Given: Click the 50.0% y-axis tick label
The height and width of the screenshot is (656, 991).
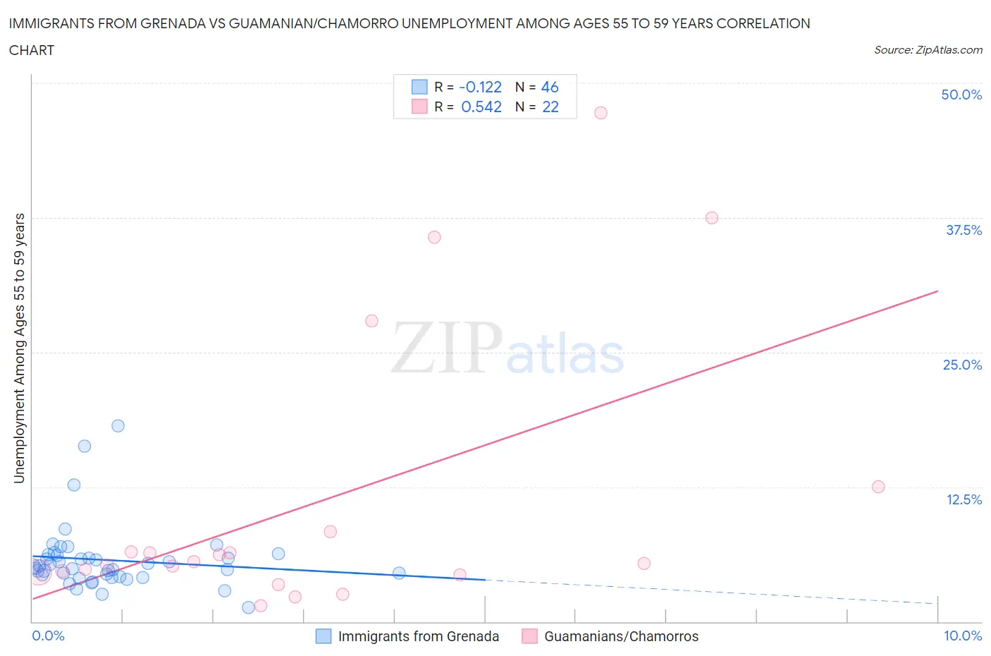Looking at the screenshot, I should tap(961, 95).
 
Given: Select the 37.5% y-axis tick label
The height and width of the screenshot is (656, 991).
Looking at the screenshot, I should tap(964, 230).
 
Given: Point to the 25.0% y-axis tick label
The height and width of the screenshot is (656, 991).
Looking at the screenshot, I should tap(962, 365).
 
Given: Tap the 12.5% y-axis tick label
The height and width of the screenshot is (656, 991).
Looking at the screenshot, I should tap(964, 499).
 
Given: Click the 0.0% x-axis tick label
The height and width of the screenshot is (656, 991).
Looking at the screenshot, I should tap(48, 636).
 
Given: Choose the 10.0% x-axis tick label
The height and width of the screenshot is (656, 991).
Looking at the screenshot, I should tap(963, 636).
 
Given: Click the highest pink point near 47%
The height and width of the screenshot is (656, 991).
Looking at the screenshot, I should tap(601, 113).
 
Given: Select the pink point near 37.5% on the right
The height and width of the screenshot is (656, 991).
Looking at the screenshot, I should tap(712, 218).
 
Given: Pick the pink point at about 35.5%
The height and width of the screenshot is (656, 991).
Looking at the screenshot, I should tap(434, 237).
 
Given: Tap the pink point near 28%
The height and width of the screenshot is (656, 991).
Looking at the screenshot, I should tap(371, 321).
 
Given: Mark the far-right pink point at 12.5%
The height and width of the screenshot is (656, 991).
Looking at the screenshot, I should tap(878, 487).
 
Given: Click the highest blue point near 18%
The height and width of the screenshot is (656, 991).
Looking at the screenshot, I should tap(118, 426).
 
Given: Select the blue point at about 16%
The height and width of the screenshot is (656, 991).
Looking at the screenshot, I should tap(85, 446).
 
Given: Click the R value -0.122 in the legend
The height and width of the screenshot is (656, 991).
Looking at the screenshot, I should tap(480, 87).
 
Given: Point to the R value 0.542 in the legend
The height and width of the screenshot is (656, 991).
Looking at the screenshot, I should tap(481, 107).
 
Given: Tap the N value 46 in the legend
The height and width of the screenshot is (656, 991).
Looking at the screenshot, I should tap(550, 87).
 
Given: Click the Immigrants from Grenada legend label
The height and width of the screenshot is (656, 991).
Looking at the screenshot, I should tap(418, 636).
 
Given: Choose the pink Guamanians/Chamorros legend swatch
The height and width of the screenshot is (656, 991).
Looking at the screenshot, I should tap(529, 636).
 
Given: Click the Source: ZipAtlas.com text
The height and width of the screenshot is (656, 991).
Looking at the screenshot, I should tap(928, 49).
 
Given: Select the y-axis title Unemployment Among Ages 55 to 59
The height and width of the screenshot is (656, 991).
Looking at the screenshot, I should tap(19, 348).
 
